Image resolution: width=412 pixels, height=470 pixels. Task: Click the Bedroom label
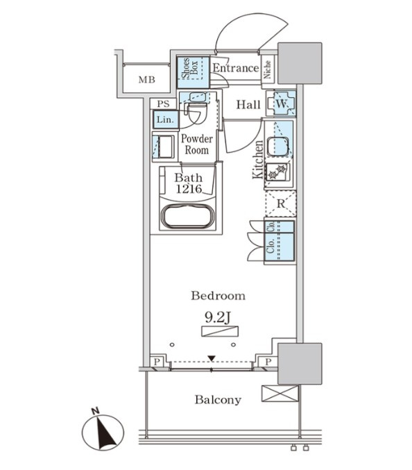[218, 296]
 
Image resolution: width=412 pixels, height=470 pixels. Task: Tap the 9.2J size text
[217, 317]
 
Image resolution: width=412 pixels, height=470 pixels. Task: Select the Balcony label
[218, 400]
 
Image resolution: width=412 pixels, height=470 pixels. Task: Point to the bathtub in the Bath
[188, 217]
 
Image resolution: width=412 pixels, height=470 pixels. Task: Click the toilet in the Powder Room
[196, 113]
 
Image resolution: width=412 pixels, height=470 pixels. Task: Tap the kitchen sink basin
[277, 147]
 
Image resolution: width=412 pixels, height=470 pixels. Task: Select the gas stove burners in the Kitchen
[277, 171]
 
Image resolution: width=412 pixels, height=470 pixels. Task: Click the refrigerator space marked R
[280, 204]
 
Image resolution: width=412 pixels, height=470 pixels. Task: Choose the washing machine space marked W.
[281, 103]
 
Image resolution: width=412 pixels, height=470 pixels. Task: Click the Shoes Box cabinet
[193, 68]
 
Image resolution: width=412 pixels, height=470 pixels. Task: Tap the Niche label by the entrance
[267, 69]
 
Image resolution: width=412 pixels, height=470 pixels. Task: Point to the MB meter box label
[147, 80]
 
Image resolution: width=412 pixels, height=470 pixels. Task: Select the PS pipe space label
[163, 104]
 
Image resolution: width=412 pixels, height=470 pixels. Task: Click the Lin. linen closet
[166, 120]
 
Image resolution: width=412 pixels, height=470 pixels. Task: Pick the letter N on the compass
[96, 411]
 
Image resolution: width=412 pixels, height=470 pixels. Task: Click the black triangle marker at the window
[212, 358]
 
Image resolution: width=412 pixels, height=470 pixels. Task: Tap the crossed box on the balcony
[280, 393]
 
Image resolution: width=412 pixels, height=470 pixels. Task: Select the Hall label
[248, 105]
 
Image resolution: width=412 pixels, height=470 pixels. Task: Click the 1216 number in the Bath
[189, 189]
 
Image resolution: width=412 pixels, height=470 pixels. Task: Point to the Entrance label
[236, 68]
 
